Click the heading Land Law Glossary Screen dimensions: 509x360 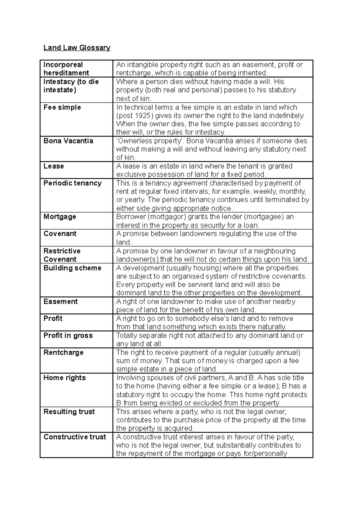click(x=77, y=48)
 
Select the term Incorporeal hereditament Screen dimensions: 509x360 click(x=66, y=69)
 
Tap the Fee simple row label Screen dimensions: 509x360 click(x=62, y=107)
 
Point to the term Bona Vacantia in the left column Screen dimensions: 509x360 click(x=68, y=141)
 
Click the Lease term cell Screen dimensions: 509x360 click(x=54, y=166)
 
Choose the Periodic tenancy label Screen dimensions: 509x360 click(x=72, y=183)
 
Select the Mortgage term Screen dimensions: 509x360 click(x=60, y=217)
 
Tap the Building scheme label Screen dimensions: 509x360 click(x=72, y=268)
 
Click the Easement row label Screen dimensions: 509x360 click(x=60, y=302)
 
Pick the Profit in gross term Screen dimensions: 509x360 click(x=68, y=335)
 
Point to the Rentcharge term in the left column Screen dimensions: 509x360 click(x=63, y=353)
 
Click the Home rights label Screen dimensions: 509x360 click(x=64, y=378)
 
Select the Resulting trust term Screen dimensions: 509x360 click(x=69, y=412)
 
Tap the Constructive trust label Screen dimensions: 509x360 click(x=75, y=437)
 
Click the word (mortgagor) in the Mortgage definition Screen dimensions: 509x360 click(x=166, y=217)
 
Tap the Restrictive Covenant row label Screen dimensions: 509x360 click(x=62, y=255)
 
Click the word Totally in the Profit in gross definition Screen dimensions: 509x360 click(x=126, y=335)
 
